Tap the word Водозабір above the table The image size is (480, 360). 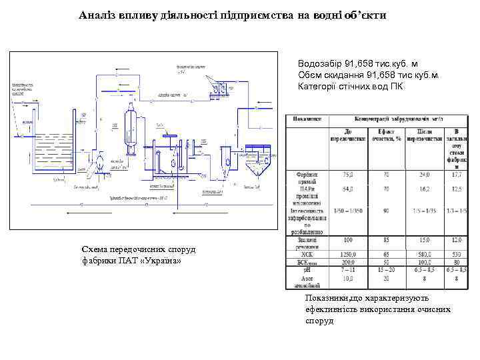320,63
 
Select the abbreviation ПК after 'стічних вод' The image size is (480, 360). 396,86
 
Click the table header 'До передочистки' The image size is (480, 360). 348,135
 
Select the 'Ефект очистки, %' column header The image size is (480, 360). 385,135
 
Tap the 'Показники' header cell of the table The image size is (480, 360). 306,119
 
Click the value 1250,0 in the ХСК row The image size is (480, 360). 347,254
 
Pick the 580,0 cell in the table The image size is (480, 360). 422,254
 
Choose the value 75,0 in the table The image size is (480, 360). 348,175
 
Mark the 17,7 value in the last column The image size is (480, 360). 456,175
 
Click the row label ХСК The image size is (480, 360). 306,254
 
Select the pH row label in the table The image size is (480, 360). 306,270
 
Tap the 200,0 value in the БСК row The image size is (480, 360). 347,262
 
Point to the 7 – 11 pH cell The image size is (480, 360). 347,270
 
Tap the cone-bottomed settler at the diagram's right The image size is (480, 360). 257,164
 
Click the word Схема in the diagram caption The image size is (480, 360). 97,249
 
